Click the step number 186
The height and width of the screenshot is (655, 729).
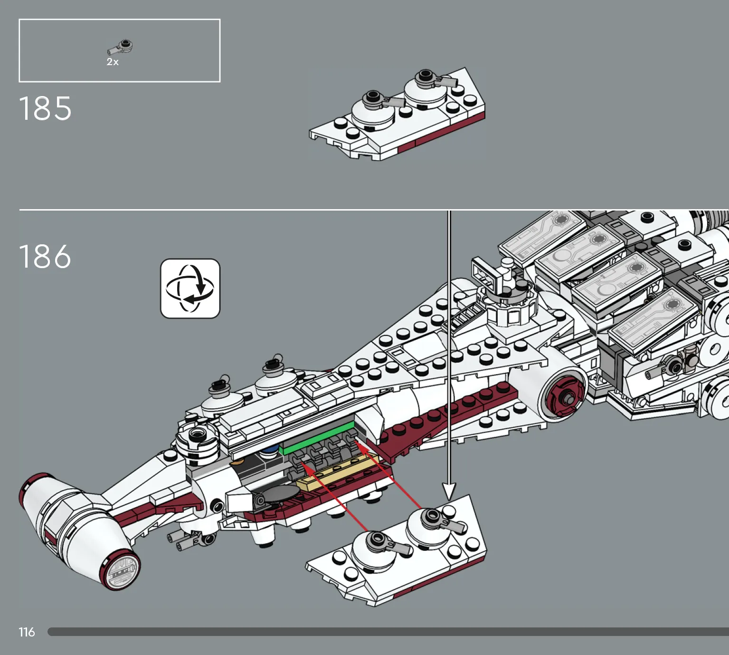tap(45, 256)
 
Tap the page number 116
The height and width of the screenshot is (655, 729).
tap(27, 632)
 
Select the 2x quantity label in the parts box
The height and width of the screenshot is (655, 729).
tap(113, 62)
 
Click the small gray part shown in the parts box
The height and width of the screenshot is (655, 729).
tap(120, 47)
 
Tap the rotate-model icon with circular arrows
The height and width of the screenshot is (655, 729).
tap(190, 289)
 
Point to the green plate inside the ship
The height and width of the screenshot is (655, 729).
tap(317, 437)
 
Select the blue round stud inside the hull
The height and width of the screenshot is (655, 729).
tap(270, 449)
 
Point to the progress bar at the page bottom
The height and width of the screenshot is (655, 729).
tap(388, 632)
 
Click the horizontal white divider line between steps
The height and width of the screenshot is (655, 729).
tap(374, 209)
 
